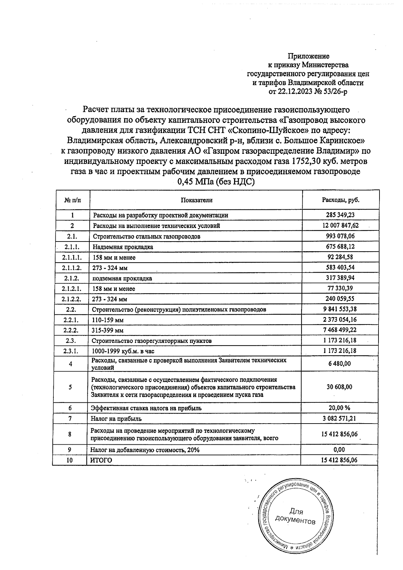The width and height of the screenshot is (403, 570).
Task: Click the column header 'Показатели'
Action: coord(197,200)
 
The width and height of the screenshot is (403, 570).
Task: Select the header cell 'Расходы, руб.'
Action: coord(341,200)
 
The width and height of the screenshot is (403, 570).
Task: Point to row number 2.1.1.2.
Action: coord(72,268)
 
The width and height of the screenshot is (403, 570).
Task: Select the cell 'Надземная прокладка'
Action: coord(123,247)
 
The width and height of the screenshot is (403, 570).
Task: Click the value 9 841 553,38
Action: coord(340,309)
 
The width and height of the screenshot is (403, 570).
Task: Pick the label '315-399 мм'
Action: coord(108,331)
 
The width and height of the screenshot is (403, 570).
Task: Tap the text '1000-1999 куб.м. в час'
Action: coord(123,351)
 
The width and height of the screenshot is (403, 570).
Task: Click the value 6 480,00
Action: coord(340,363)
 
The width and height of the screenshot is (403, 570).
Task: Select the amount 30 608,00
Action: coord(340,387)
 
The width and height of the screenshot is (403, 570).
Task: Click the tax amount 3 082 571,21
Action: coord(340,419)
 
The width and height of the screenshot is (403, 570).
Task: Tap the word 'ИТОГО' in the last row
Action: coord(101,460)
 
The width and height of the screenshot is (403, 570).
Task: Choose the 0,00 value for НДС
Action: coord(340,449)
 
